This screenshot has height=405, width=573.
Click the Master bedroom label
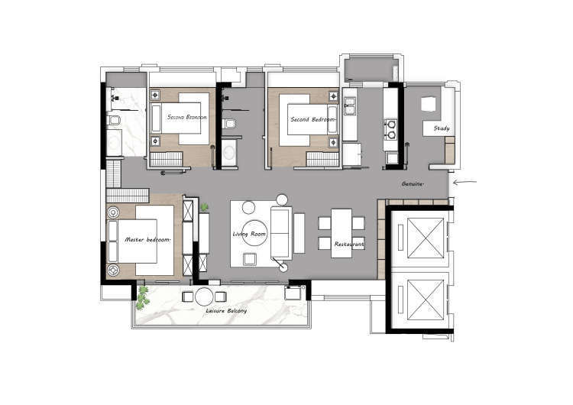point(147,240)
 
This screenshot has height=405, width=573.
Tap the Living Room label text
point(249,234)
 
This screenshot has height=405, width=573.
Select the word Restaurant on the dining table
point(349,244)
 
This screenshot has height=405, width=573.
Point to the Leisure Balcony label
point(226,311)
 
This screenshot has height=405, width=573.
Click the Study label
point(442,128)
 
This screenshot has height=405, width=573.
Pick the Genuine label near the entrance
point(413,184)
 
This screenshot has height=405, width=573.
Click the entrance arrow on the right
point(465,182)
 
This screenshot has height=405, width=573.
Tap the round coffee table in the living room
point(255,232)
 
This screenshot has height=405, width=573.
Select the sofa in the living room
point(281,233)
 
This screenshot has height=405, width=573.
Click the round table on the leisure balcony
point(204,296)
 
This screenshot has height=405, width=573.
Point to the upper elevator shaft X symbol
point(426,238)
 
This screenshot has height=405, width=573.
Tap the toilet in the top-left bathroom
point(114,120)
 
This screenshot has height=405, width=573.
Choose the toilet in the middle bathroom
point(229,124)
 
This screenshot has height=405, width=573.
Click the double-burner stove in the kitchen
point(391,129)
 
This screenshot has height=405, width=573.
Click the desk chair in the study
point(429,104)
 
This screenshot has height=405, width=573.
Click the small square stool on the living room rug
point(251,259)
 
